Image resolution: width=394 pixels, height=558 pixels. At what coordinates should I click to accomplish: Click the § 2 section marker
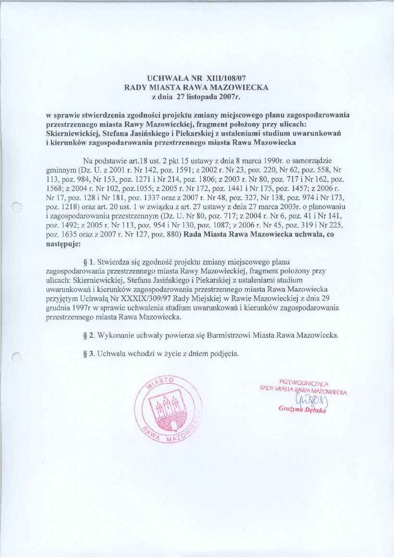click(88, 335)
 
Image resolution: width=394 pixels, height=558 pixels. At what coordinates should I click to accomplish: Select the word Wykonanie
click(115, 335)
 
